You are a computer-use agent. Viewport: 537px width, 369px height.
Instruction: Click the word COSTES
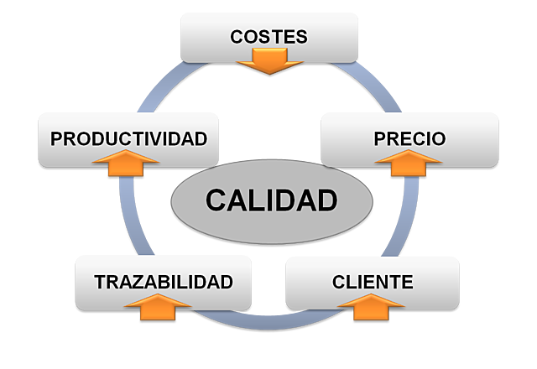click(x=268, y=37)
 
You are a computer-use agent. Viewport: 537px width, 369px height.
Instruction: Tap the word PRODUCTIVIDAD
click(x=128, y=138)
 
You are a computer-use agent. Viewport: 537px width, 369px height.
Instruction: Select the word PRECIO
click(x=409, y=138)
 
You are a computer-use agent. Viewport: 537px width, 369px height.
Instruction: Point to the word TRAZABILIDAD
click(x=163, y=282)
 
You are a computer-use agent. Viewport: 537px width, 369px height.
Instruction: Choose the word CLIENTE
click(x=373, y=282)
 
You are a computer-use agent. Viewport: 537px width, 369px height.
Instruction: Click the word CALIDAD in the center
click(x=271, y=200)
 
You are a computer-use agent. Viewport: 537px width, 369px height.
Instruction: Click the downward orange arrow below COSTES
click(x=268, y=60)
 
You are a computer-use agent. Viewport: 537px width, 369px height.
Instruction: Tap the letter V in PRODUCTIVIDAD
click(x=161, y=138)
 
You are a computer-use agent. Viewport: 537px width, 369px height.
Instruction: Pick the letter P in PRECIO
click(x=379, y=138)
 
